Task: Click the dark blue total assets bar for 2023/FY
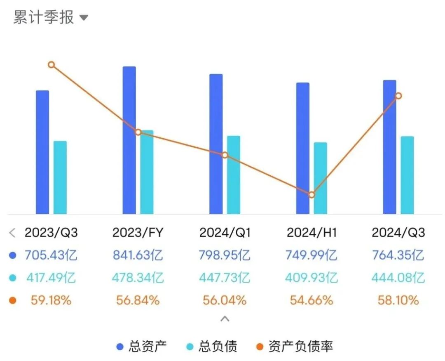pos(129,140)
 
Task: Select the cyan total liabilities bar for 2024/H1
pos(320,178)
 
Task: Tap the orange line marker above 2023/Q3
pos(51,65)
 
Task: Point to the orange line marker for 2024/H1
pos(311,195)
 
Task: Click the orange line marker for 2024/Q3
pos(398,96)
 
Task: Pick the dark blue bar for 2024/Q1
pos(216,144)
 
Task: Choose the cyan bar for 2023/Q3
pos(60,177)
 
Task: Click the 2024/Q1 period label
pos(225,233)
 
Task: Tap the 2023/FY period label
pos(138,233)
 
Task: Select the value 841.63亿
pos(138,255)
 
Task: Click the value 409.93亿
pos(311,278)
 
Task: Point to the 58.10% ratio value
pos(398,300)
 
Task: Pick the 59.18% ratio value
pos(51,300)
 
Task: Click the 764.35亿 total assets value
pos(398,255)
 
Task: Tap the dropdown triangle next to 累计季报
pos(84,18)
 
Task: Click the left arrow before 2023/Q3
pos(12,233)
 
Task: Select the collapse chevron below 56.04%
pos(225,319)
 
